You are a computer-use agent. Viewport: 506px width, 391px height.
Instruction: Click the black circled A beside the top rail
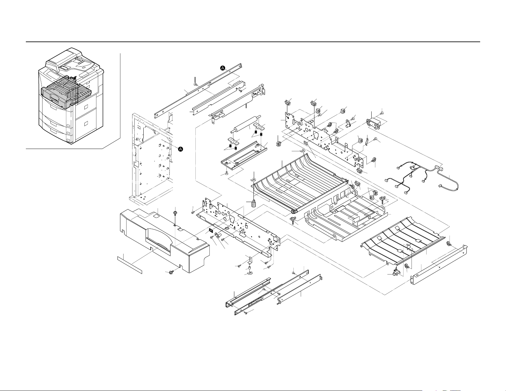pos(223,68)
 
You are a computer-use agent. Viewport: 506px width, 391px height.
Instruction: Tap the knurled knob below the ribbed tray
pos(254,204)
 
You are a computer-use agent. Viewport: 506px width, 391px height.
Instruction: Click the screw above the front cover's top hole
pos(175,212)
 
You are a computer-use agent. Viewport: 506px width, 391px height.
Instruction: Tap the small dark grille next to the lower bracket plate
pos(210,230)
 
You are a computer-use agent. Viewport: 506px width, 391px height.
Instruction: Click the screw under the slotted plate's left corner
pos(226,174)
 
